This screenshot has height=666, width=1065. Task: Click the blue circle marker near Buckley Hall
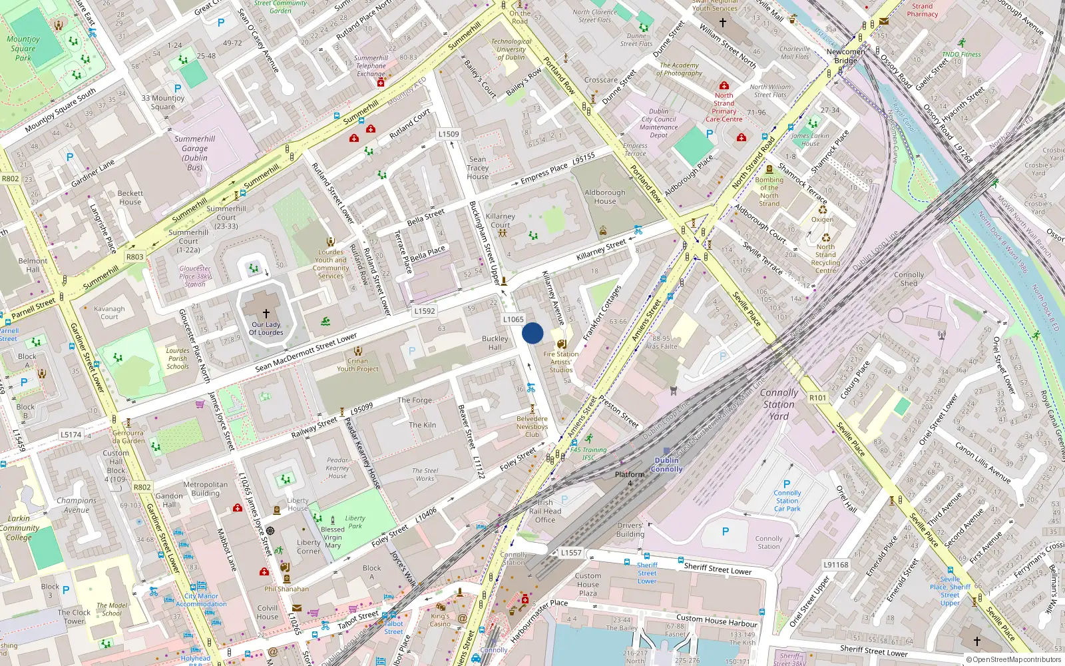pyautogui.click(x=532, y=333)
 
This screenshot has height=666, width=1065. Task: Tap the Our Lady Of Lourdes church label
pyautogui.click(x=266, y=328)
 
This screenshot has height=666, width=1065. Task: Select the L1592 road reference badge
pyautogui.click(x=425, y=311)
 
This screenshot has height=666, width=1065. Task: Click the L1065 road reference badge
pyautogui.click(x=513, y=320)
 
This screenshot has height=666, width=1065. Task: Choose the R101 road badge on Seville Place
pyautogui.click(x=817, y=398)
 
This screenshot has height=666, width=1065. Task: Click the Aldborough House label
pyautogui.click(x=605, y=196)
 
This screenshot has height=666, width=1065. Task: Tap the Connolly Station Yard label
pyautogui.click(x=779, y=404)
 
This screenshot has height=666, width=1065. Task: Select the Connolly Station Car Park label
pyautogui.click(x=787, y=501)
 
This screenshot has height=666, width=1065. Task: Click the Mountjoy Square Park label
pyautogui.click(x=23, y=48)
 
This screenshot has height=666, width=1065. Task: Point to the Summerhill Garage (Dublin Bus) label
pyautogui.click(x=194, y=153)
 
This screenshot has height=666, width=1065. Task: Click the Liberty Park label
pyautogui.click(x=355, y=521)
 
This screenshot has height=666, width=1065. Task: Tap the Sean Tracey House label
pyautogui.click(x=477, y=168)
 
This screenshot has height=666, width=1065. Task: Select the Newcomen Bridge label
pyautogui.click(x=846, y=56)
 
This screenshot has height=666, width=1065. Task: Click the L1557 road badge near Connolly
pyautogui.click(x=571, y=553)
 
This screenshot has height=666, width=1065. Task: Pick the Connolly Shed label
pyautogui.click(x=909, y=278)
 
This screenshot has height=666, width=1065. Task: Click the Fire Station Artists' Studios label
pyautogui.click(x=561, y=362)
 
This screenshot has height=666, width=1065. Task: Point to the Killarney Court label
pyautogui.click(x=500, y=220)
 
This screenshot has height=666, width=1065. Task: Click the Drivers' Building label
pyautogui.click(x=630, y=529)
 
